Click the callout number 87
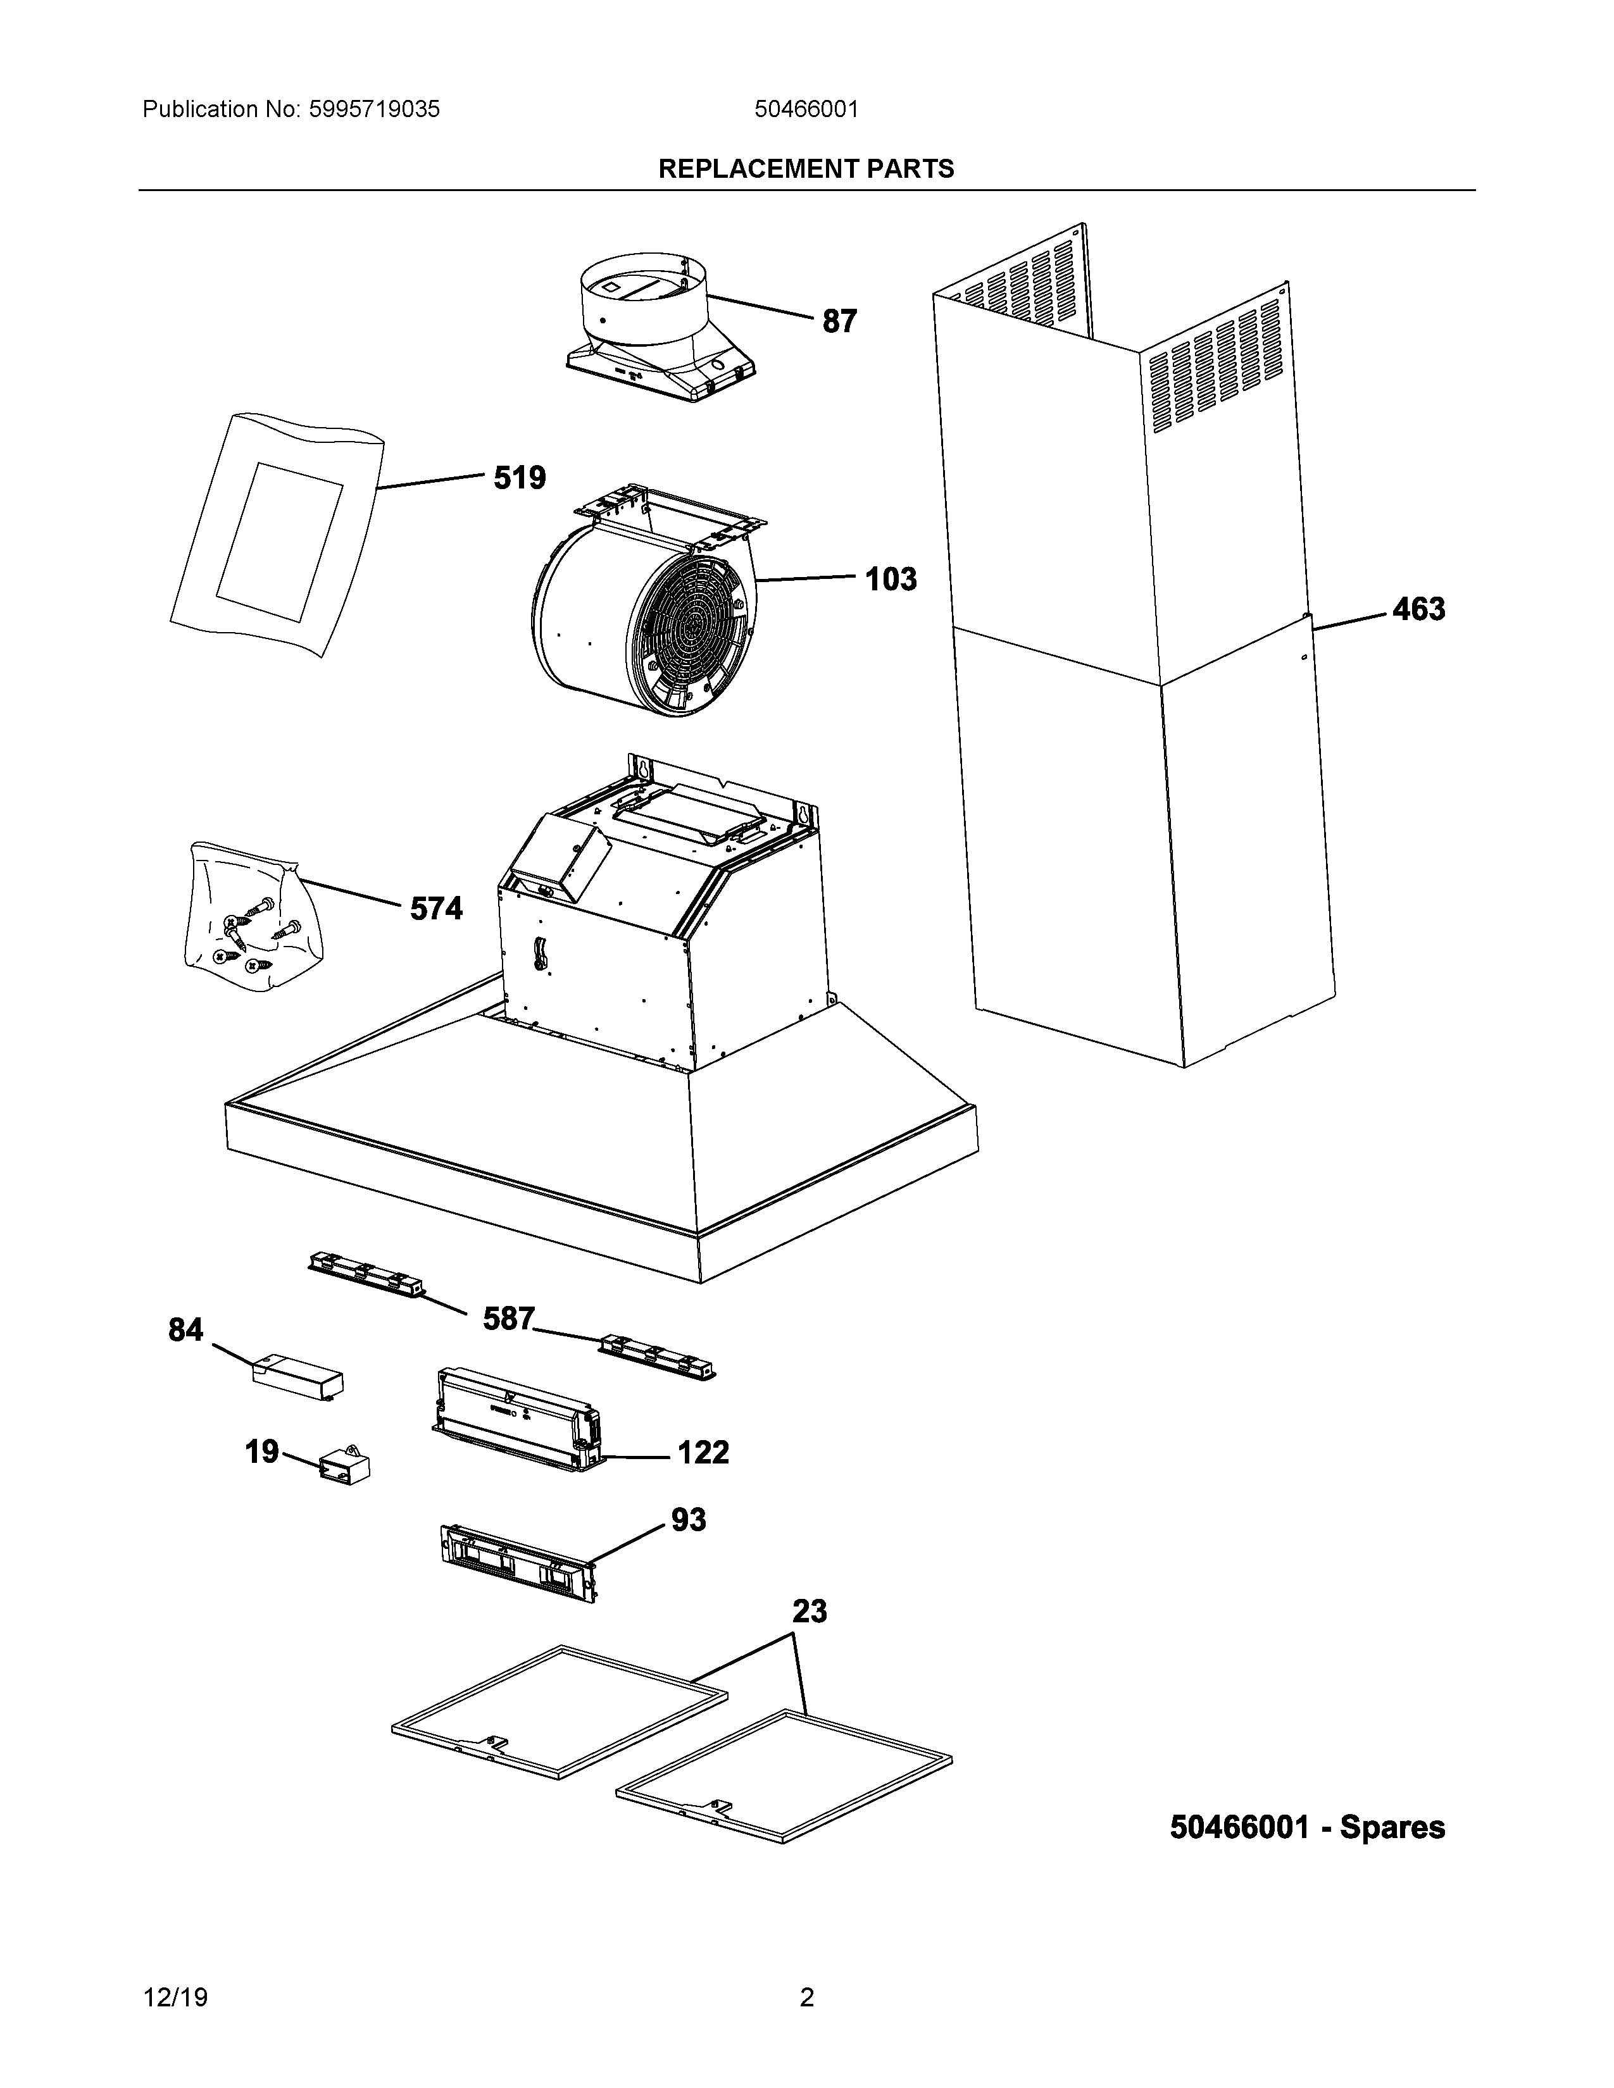[x=839, y=321]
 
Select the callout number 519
[x=519, y=477]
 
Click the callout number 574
[x=436, y=908]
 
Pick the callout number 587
[x=508, y=1319]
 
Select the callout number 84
[x=185, y=1330]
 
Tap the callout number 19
[x=261, y=1452]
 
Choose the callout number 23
[x=809, y=1612]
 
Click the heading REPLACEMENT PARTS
[x=806, y=169]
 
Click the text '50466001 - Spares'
[x=1307, y=1827]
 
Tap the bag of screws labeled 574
[x=251, y=918]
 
